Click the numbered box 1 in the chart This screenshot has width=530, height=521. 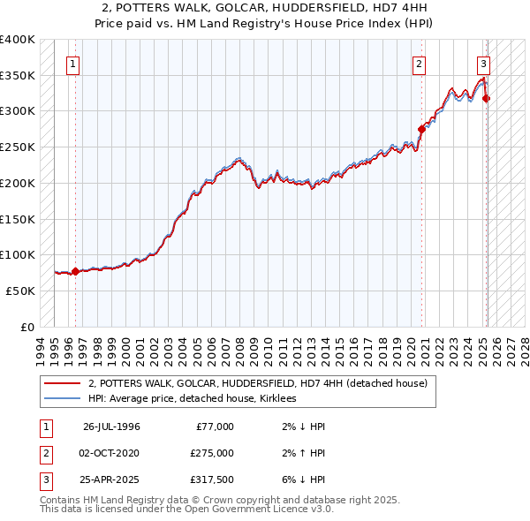tap(72, 64)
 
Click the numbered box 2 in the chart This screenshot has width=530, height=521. tap(419, 64)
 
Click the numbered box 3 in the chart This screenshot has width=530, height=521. tap(484, 64)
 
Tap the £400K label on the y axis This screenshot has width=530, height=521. tap(18, 40)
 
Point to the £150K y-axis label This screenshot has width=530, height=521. tap(18, 218)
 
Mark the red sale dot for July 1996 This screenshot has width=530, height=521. tap(75, 271)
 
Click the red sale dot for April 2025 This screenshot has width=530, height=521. tap(487, 99)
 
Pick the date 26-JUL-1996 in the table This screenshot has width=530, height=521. tap(111, 427)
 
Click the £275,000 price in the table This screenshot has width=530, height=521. tap(212, 453)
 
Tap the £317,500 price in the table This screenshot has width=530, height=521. tap(212, 479)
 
